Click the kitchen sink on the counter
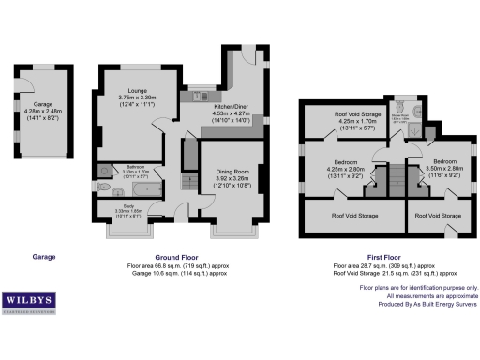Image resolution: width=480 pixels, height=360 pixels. [x=199, y=96]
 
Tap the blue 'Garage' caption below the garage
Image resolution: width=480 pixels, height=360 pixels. [x=44, y=257]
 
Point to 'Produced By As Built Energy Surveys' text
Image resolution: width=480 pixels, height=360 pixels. [x=421, y=305]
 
